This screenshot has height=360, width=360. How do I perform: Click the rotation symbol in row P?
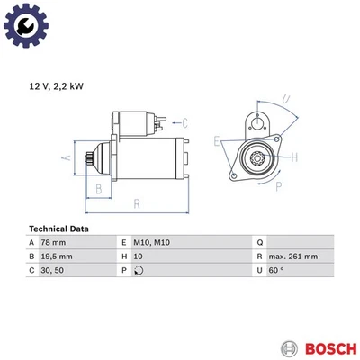pos(138,269)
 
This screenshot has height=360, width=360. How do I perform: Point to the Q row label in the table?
pos(259,242)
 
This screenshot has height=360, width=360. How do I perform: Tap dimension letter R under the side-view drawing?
pos(136,204)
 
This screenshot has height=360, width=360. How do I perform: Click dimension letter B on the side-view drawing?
pos(99,187)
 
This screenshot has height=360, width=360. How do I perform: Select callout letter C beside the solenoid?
pos(184,122)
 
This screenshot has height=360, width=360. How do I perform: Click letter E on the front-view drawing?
pos(217,140)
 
